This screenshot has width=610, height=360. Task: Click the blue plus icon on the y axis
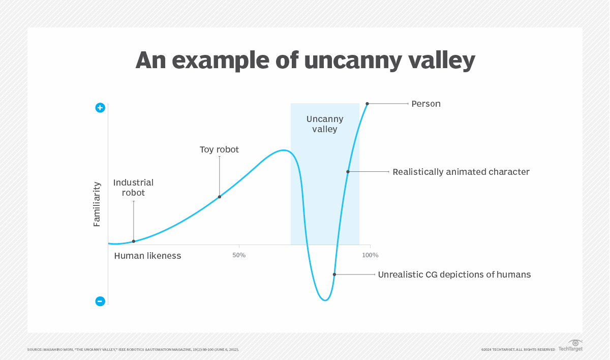100,108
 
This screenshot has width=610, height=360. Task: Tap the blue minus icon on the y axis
100,301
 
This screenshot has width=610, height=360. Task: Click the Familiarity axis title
97,204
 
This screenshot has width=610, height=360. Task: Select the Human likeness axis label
147,256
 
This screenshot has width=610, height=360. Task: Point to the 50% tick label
239,255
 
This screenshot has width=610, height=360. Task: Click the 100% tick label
370,255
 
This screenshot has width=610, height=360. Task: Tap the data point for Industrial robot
134,241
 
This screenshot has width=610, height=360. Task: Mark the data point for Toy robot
220,197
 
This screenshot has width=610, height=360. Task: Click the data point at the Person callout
367,104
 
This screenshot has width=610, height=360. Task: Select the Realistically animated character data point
348,172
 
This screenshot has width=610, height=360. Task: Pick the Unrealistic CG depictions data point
334,275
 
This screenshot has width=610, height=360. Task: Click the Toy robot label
219,149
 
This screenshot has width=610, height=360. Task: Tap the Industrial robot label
133,188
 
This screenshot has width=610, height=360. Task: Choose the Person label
426,104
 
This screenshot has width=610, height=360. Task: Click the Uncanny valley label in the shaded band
325,124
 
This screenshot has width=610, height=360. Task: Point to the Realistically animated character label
461,172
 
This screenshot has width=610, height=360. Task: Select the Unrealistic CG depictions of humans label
454,275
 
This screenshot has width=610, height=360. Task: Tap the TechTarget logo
570,346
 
